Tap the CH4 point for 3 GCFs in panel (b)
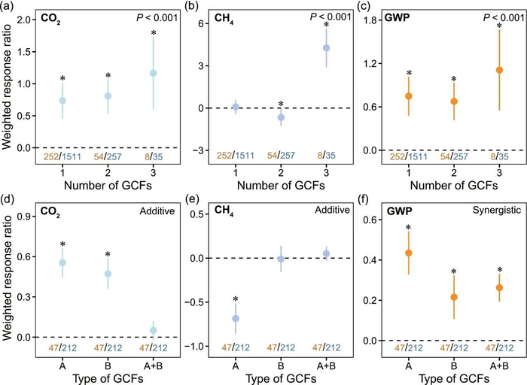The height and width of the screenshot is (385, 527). coord(326,48)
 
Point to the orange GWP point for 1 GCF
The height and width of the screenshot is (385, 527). coord(409,96)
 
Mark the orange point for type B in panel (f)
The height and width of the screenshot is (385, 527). coord(454,297)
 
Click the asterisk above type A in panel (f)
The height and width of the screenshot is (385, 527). coord(409,228)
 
